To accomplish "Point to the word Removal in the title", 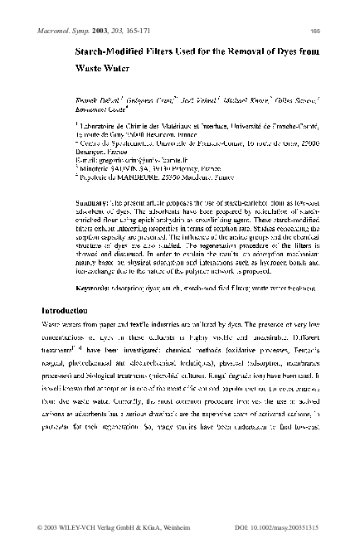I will (x=247, y=52).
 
